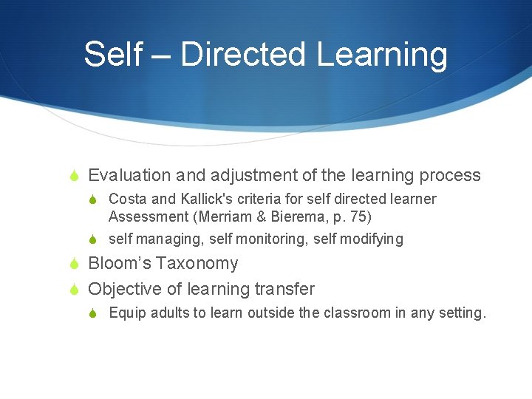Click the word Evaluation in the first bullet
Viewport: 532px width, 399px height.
(x=129, y=175)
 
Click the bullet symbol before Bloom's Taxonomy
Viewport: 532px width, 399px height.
(x=75, y=264)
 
